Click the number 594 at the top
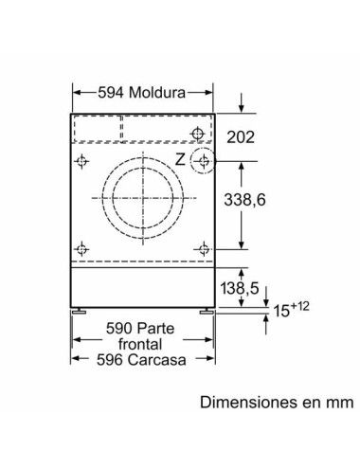(112, 93)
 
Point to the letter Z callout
(180, 158)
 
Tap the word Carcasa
(159, 360)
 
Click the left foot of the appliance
(81, 310)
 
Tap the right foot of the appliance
(206, 310)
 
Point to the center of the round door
(143, 199)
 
